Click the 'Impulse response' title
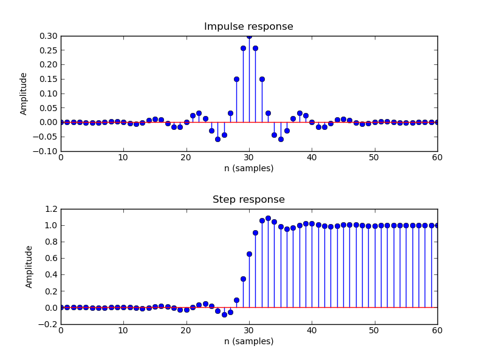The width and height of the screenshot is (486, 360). pyautogui.click(x=248, y=27)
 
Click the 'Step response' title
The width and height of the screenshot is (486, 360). pyautogui.click(x=248, y=200)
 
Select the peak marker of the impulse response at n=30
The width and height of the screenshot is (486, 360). pyautogui.click(x=249, y=36)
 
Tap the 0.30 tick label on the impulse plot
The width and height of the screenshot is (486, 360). pyautogui.click(x=48, y=36)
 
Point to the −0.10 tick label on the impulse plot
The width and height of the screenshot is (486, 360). pyautogui.click(x=46, y=151)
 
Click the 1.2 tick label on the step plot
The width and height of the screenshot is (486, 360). pyautogui.click(x=50, y=209)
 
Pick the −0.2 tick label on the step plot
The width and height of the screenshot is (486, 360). pyautogui.click(x=49, y=324)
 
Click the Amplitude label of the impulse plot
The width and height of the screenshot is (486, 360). pyautogui.click(x=24, y=93)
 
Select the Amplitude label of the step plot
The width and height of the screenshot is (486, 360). pyautogui.click(x=29, y=267)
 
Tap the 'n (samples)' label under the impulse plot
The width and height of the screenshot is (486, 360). pyautogui.click(x=248, y=168)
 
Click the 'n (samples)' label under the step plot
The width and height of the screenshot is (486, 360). pyautogui.click(x=248, y=341)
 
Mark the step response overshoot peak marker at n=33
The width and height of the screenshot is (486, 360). pyautogui.click(x=268, y=218)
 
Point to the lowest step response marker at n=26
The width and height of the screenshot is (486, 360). pyautogui.click(x=224, y=314)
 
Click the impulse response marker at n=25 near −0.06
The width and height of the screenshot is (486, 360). pyautogui.click(x=217, y=139)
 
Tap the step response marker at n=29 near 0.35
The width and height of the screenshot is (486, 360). pyautogui.click(x=243, y=279)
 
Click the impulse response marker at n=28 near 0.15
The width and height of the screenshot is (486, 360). pyautogui.click(x=236, y=79)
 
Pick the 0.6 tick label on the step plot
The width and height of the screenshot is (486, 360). pyautogui.click(x=50, y=258)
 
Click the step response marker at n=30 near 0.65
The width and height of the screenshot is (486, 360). pyautogui.click(x=249, y=254)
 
